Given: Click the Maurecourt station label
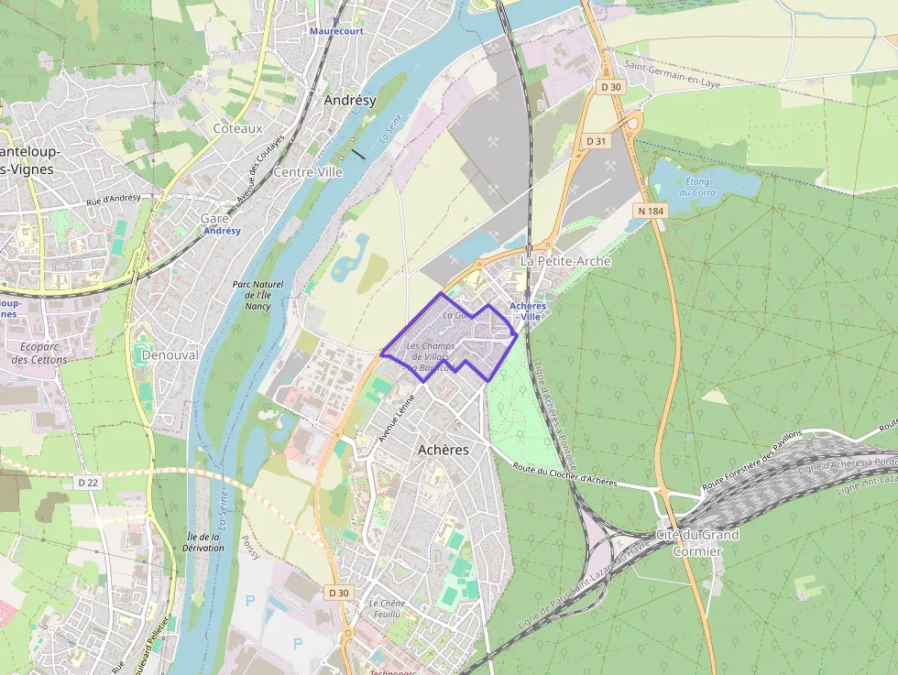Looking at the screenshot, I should pos(336,31).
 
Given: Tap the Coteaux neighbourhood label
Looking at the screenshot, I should pos(237,129).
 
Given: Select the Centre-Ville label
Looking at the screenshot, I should pos(308,172).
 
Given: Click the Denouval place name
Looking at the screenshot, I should pos(170,354).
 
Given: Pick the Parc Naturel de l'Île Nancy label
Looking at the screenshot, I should pos(257,295).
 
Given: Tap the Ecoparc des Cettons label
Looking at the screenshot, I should pos(39,353).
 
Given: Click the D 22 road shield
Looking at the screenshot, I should pos(87,481).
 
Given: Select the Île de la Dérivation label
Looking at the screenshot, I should pos(204,542).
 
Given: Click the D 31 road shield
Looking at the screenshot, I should pos(597,141).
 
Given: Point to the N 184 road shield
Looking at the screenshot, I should pos(650,212).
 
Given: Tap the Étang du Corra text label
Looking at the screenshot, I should pos(697,187).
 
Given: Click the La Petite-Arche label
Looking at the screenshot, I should pos(565,261).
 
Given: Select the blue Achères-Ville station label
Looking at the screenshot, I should pos(528,311).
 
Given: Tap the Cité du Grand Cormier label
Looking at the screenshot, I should pos(697,542).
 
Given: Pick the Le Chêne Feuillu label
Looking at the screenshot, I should pos(387,608).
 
